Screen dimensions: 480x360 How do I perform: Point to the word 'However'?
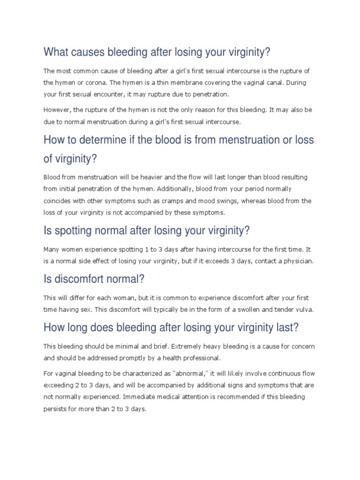pyautogui.click(x=58, y=109)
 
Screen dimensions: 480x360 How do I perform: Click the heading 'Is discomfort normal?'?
pyautogui.click(x=94, y=279)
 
